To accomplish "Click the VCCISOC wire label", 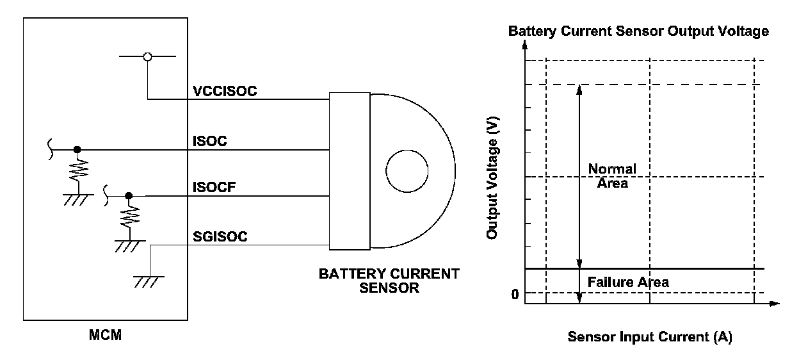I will coord(225,92).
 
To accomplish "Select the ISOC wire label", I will coord(209,142).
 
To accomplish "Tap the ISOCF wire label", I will coord(213,188).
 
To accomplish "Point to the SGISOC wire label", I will coord(220,237).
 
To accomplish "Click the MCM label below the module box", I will coord(106,335).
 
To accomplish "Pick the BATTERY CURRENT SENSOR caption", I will coord(389,281).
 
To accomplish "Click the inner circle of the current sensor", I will coord(407,171).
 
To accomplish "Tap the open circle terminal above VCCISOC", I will coord(147,57).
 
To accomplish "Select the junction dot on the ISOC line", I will coord(77,150).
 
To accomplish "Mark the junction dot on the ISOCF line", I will coord(129,195).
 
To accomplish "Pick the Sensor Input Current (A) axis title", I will coord(649,337).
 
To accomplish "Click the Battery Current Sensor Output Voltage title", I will coord(638,31).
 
